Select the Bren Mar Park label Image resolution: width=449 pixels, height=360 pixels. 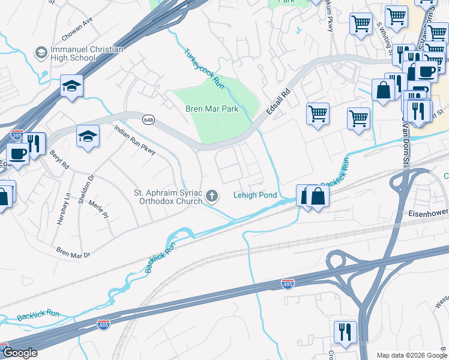(211, 109)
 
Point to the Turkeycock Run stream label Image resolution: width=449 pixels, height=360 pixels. (203, 70)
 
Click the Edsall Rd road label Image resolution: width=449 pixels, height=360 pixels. (279, 103)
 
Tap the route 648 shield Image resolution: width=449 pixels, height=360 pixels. (148, 120)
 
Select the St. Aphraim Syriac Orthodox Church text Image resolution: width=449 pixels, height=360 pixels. (167, 197)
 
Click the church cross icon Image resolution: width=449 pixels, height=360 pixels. (212, 196)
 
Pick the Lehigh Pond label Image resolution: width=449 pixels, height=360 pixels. (255, 196)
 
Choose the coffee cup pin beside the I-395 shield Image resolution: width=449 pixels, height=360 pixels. (17, 153)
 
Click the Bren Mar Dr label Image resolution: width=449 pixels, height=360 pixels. (72, 251)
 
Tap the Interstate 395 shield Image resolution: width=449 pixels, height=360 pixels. (17, 135)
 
